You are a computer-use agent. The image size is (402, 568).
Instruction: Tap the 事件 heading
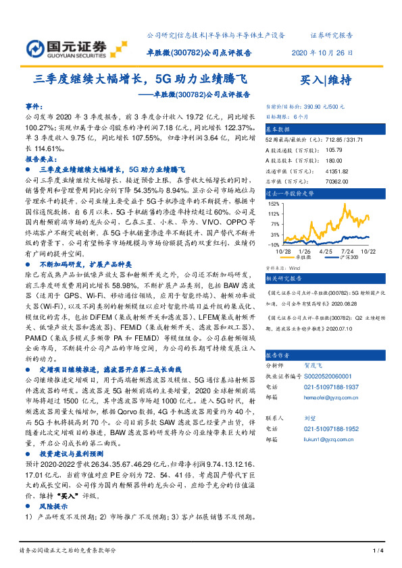(34, 107)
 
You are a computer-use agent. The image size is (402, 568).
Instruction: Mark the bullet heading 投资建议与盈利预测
(71, 456)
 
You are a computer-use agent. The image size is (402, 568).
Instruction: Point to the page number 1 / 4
(378, 551)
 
